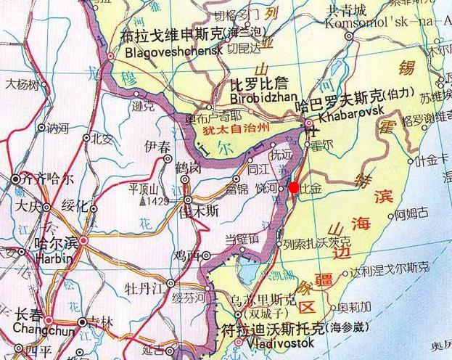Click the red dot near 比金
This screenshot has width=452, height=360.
pos(293,188)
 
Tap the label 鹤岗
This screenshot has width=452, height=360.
pos(189,168)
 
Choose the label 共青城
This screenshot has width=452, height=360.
pos(348,10)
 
